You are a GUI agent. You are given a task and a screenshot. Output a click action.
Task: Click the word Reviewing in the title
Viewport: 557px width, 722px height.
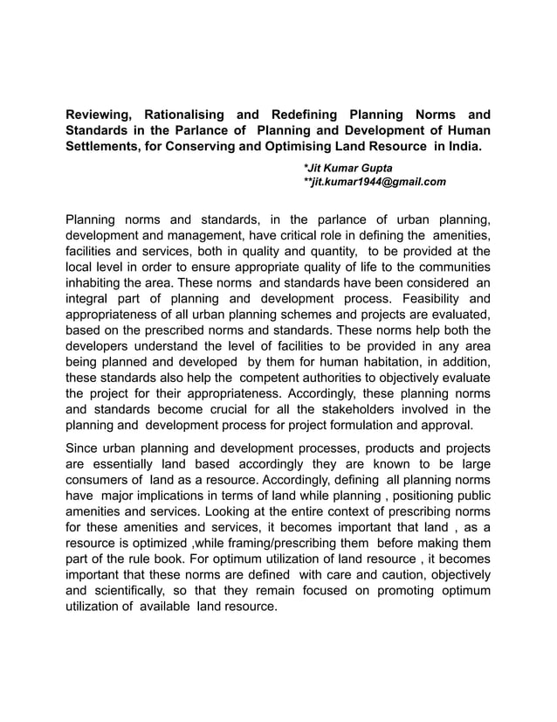click(x=98, y=115)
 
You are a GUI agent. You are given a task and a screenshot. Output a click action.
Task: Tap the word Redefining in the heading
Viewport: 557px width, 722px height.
click(x=298, y=115)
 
